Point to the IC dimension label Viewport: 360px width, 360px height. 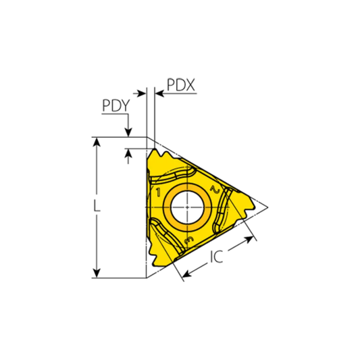pos(216,257)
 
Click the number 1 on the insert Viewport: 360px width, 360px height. pos(158,193)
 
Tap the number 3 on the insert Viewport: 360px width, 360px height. pos(189,240)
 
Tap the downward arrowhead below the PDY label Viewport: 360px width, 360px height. pos(127,132)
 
